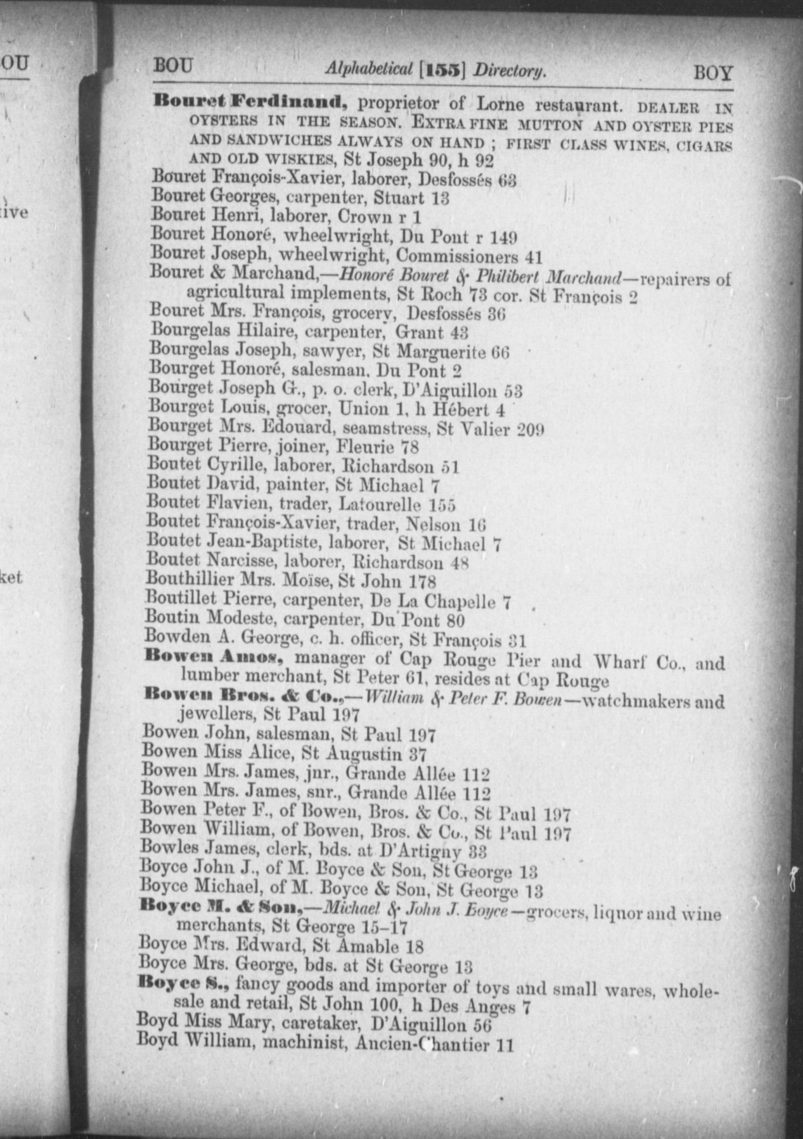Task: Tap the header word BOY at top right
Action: [712, 73]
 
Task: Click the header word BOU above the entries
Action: [173, 67]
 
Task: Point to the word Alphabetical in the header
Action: [369, 69]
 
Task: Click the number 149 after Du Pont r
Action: [503, 237]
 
